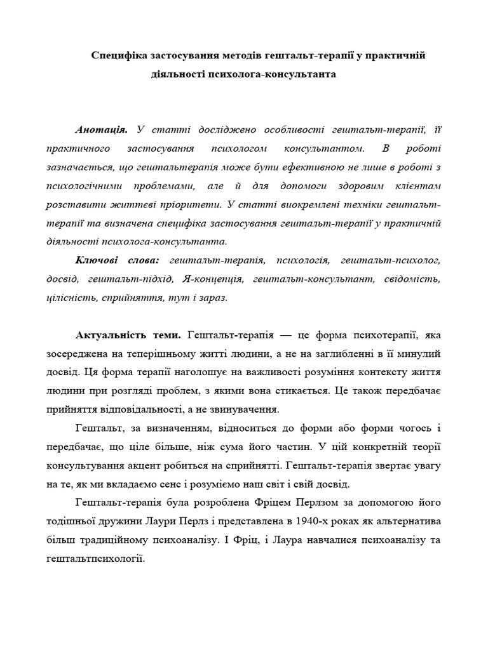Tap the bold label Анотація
[x=101, y=130]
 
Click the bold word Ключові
[x=100, y=260]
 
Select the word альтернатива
[x=407, y=522]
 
